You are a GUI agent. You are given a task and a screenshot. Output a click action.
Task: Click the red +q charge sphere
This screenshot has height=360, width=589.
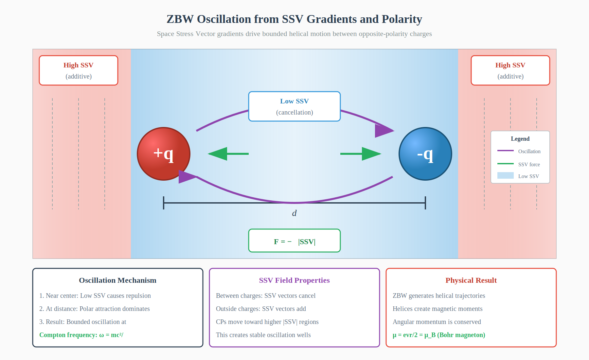[x=164, y=154]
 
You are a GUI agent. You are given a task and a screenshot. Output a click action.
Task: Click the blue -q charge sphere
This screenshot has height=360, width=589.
[x=425, y=154]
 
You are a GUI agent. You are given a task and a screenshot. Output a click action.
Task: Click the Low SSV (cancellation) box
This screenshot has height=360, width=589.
[x=294, y=106]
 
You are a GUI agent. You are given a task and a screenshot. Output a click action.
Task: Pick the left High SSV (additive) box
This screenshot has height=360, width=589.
[x=79, y=70]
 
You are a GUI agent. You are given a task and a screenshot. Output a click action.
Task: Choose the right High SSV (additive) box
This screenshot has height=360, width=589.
[x=510, y=70]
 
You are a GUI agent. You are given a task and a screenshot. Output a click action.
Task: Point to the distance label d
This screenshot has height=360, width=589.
[x=294, y=213]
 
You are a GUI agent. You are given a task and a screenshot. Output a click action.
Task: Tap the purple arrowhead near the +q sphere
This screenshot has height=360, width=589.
[x=187, y=177]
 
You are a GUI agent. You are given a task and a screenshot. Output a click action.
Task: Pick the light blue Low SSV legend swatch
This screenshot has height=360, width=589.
[x=505, y=175]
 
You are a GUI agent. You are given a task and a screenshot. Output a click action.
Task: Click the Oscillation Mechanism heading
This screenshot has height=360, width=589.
[x=117, y=280]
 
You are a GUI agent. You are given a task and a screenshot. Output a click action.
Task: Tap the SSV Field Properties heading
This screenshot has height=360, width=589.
[x=294, y=280]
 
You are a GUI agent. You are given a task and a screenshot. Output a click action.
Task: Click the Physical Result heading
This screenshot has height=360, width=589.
[x=471, y=280]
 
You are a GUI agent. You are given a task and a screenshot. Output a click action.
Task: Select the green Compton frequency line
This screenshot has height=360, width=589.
[x=81, y=335]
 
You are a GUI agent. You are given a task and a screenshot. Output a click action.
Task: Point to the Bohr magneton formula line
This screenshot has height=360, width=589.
[x=439, y=335]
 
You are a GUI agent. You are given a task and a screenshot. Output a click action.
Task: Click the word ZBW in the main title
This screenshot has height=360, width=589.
[x=180, y=19]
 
